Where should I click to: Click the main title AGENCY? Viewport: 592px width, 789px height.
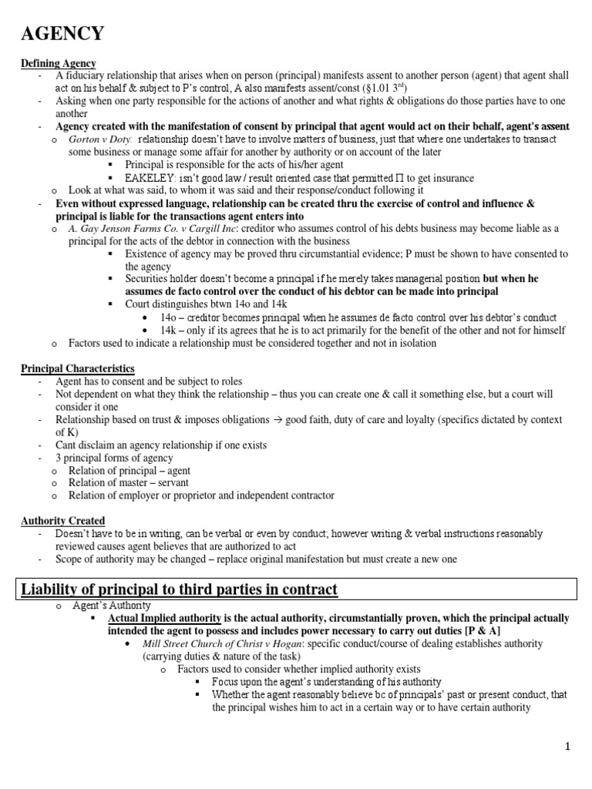click(62, 34)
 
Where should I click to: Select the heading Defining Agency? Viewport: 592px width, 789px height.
click(59, 63)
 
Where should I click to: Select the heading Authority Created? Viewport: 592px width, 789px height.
click(62, 521)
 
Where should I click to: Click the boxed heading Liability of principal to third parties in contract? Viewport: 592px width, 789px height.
click(179, 590)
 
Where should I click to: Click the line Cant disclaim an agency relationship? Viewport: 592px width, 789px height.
click(161, 445)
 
